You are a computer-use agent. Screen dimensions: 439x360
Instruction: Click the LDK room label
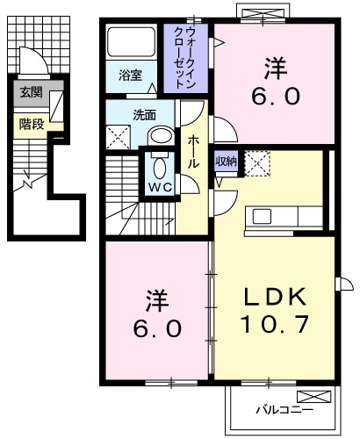(274, 296)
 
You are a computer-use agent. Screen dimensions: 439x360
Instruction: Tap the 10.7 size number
(274, 326)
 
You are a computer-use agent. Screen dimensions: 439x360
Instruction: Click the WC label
(159, 187)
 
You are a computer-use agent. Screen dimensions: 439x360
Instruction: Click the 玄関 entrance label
(31, 91)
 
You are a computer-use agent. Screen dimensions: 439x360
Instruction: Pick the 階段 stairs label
(31, 124)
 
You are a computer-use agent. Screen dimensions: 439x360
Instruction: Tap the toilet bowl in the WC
(159, 166)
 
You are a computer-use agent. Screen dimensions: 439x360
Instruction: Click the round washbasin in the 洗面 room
(161, 135)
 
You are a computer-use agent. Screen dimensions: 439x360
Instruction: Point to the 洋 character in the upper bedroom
(274, 67)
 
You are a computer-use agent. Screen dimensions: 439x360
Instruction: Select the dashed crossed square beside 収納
(256, 163)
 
